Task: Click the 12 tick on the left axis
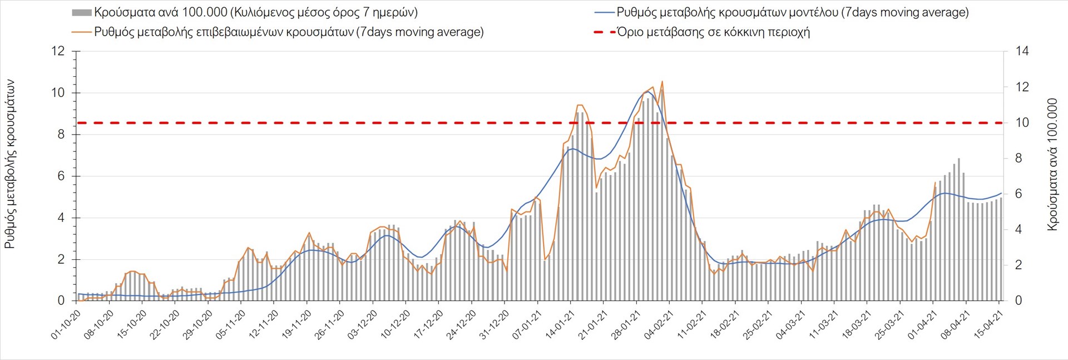(x=58, y=51)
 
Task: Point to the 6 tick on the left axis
(x=61, y=176)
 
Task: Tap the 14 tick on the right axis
(x=1022, y=51)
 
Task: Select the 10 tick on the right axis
(x=1022, y=122)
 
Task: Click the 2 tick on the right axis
(x=1018, y=265)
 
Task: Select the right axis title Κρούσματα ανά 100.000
(x=1052, y=165)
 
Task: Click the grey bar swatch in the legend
(x=82, y=12)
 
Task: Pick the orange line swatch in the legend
(x=82, y=32)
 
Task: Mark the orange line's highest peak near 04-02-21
(x=662, y=81)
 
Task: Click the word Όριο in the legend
(x=630, y=32)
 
